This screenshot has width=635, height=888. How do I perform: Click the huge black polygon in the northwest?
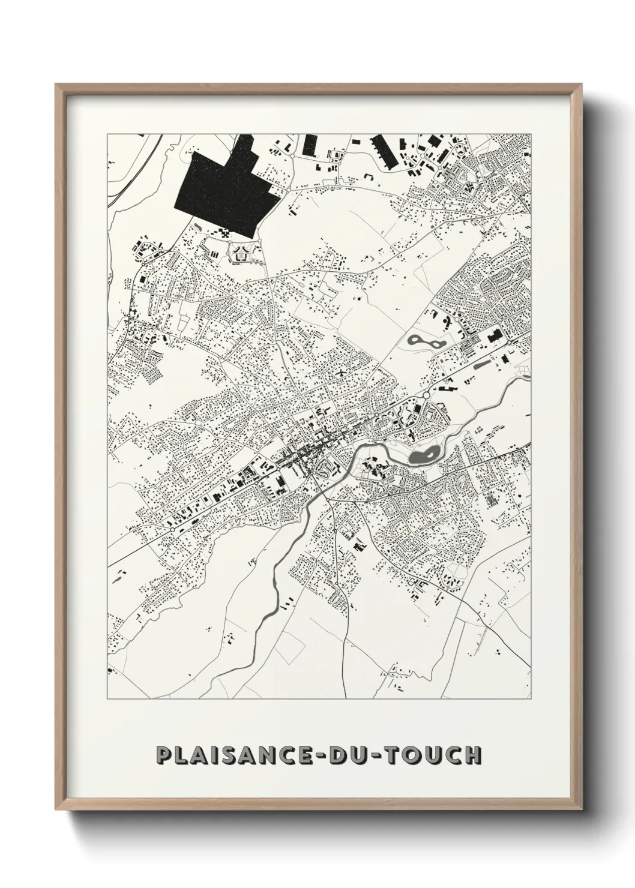pyautogui.click(x=222, y=192)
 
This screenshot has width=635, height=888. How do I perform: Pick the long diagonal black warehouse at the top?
pyautogui.click(x=384, y=151)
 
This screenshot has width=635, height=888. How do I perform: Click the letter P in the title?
pyautogui.click(x=163, y=755)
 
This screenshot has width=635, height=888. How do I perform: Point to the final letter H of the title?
pyautogui.click(x=472, y=755)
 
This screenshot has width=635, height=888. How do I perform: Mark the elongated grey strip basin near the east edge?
pyautogui.click(x=482, y=364)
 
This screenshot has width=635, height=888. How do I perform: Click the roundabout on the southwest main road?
pyautogui.click(x=173, y=529)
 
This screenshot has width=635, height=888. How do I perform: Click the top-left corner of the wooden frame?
pyautogui.click(x=56, y=85)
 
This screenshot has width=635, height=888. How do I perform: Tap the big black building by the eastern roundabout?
pyautogui.click(x=496, y=337)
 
